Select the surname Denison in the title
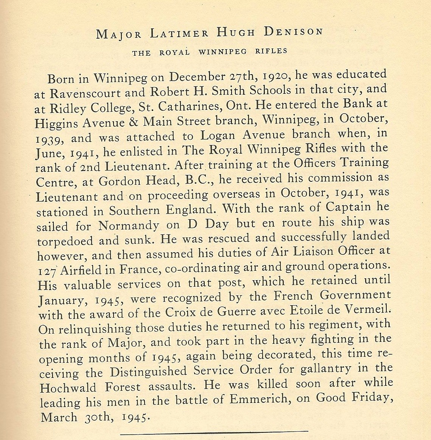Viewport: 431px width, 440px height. click(x=293, y=32)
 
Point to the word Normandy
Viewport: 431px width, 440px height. click(x=129, y=226)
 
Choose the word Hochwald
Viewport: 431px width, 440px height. click(x=67, y=388)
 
